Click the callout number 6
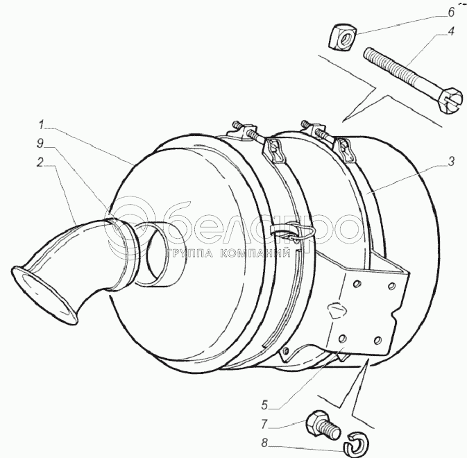click(x=452, y=12)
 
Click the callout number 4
click(x=452, y=31)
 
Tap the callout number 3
click(x=452, y=162)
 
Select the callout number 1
click(x=41, y=125)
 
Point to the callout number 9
click(x=40, y=143)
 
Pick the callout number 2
click(x=40, y=162)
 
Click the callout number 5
click(x=264, y=405)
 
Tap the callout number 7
click(x=264, y=425)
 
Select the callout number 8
click(x=264, y=443)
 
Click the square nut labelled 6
click(x=343, y=37)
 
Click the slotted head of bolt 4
click(x=451, y=101)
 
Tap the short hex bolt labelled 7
click(x=323, y=424)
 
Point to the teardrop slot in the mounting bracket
click(x=336, y=309)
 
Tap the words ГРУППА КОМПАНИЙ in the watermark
click(x=229, y=253)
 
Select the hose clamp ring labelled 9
click(x=125, y=253)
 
